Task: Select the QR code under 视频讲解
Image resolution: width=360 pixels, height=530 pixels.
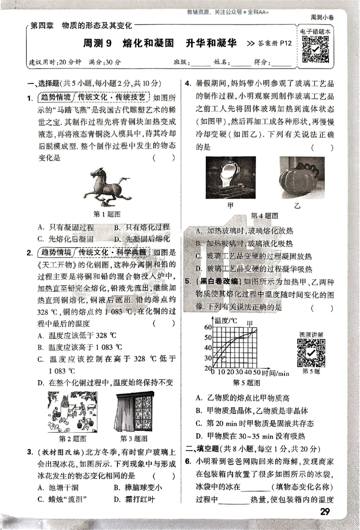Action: [x=310, y=353]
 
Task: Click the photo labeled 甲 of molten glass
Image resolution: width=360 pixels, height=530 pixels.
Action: [x=231, y=177]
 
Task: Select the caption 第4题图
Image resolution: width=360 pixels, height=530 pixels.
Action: [x=264, y=215]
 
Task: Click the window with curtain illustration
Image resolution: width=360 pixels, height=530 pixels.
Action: [x=135, y=412]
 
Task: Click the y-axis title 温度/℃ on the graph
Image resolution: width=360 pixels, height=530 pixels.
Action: [x=226, y=321]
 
